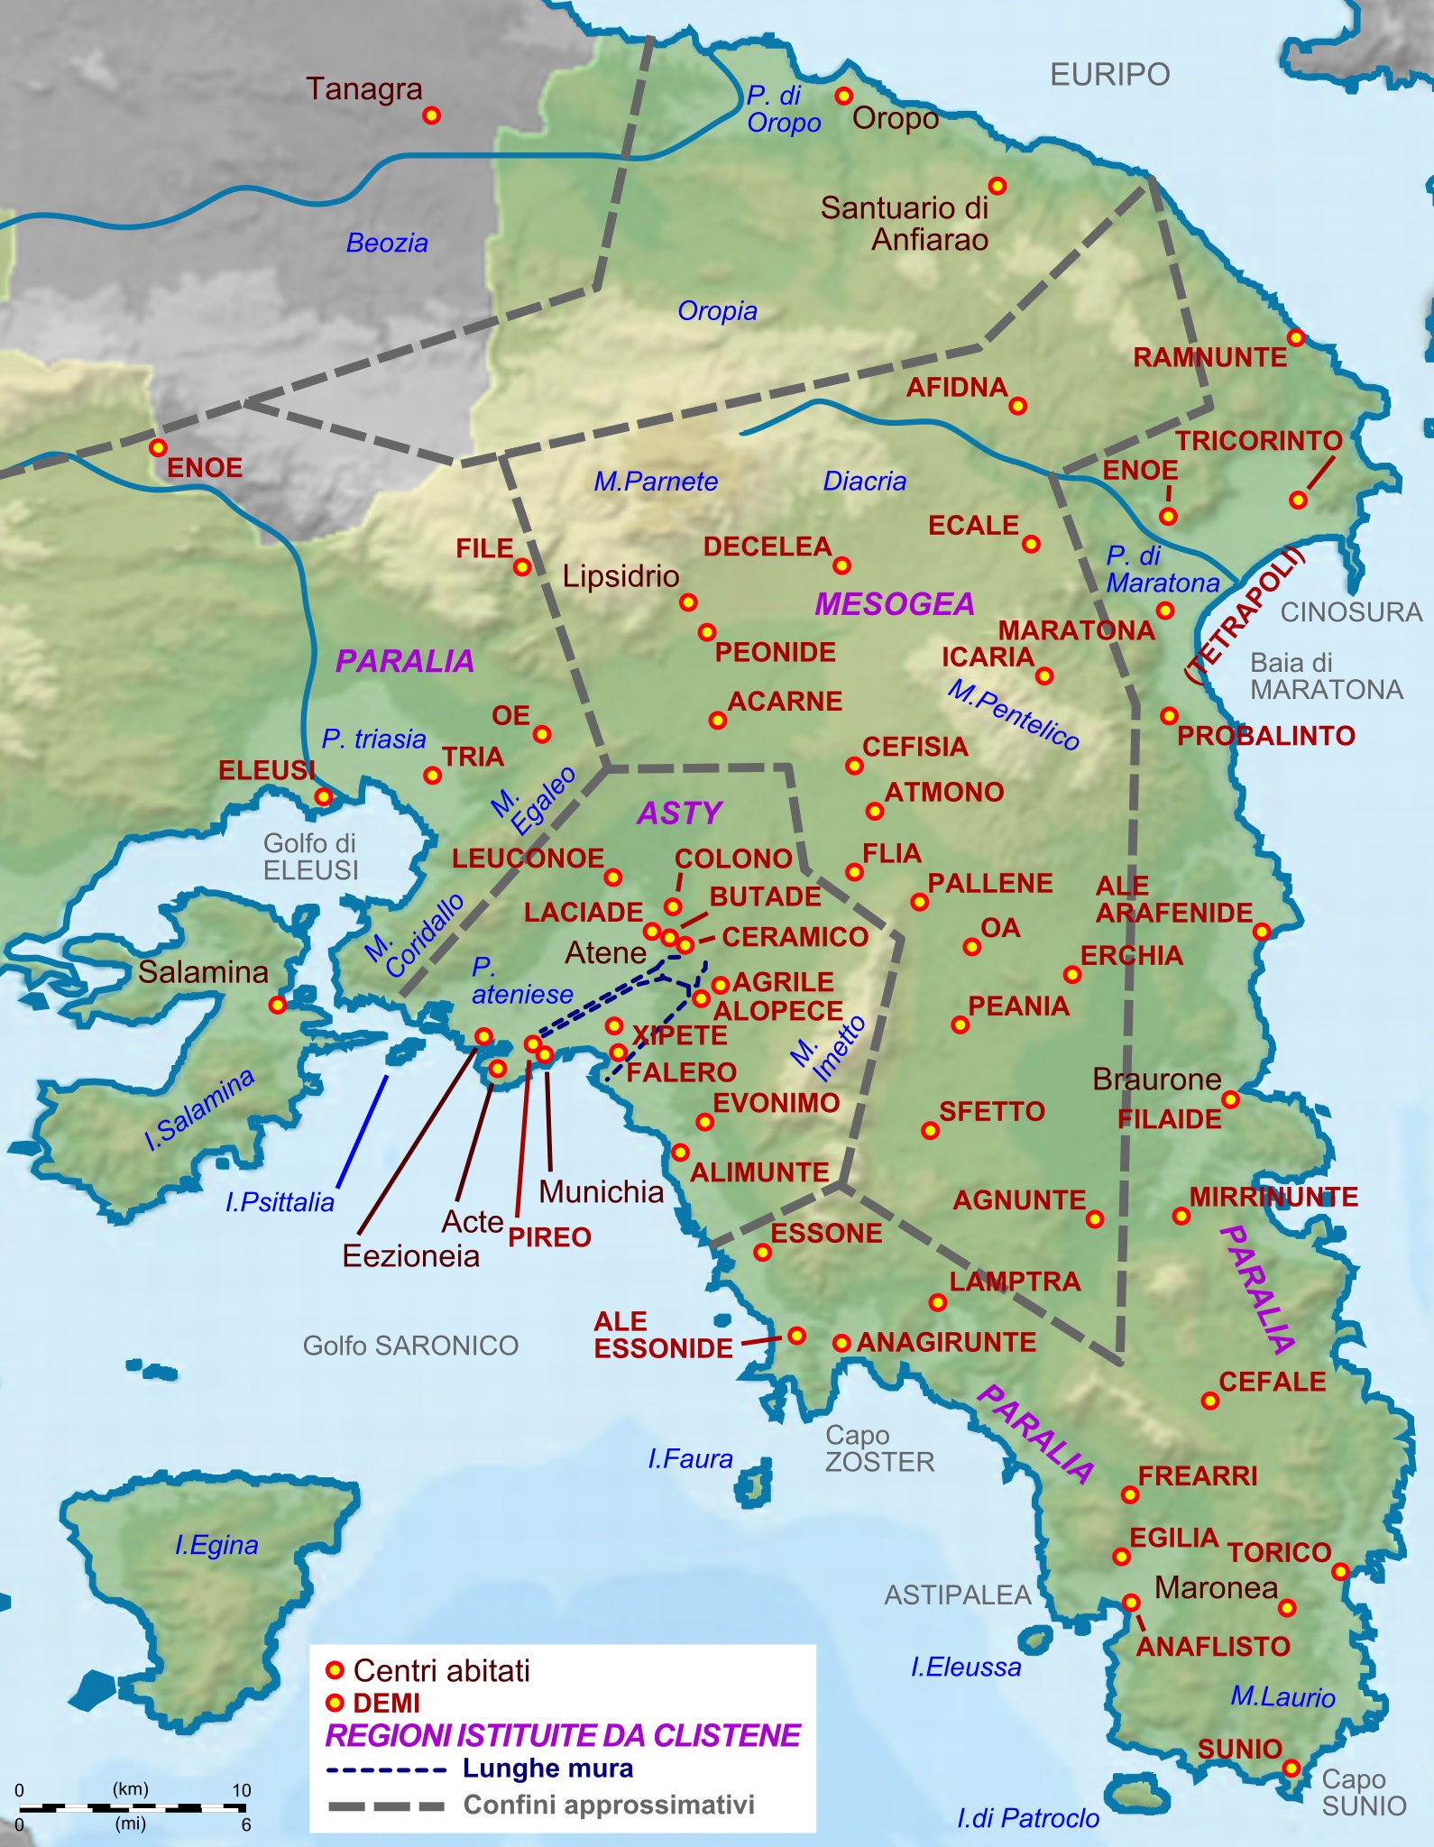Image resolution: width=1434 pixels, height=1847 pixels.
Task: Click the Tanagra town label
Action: (364, 89)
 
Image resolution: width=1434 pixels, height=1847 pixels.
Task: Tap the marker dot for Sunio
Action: (1292, 1768)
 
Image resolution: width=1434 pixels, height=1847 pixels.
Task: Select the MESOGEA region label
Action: (895, 604)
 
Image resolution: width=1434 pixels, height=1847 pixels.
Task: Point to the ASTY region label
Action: (680, 813)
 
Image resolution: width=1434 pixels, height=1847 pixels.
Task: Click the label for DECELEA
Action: (768, 547)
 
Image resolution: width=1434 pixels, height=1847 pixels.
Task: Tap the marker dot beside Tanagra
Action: (432, 115)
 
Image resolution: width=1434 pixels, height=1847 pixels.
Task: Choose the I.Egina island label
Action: (216, 1545)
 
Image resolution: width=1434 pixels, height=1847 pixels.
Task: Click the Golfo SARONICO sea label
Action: (410, 1346)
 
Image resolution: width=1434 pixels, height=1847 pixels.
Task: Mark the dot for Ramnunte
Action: (1296, 338)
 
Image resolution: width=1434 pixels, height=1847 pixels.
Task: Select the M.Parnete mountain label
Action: (656, 482)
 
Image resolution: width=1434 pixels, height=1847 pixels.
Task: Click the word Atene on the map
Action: (605, 952)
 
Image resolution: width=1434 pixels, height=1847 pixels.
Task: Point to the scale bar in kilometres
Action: (131, 1807)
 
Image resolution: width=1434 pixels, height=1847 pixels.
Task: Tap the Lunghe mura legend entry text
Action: (547, 1769)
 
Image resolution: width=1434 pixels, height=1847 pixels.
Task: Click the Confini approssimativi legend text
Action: (609, 1805)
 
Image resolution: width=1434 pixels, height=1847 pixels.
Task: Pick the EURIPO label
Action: (1109, 74)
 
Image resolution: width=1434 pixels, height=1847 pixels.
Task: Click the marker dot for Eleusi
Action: (324, 797)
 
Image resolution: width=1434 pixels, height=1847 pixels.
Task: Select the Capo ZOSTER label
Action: (879, 1448)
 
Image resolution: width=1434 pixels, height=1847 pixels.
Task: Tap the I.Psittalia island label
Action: (280, 1202)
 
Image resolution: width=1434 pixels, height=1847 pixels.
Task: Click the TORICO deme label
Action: (1279, 1552)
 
